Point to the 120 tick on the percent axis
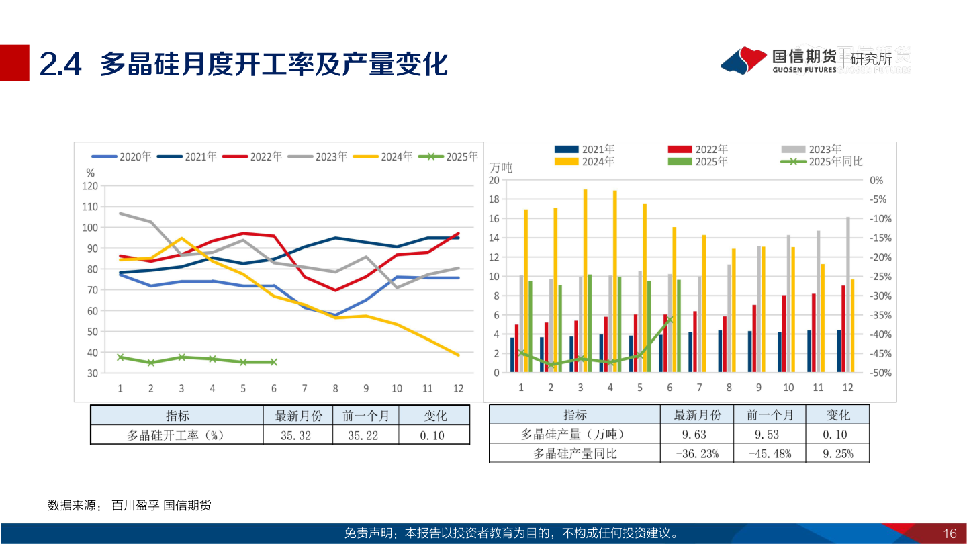tap(90, 186)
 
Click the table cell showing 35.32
tap(296, 435)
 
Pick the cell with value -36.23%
tap(698, 453)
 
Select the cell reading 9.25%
tap(837, 453)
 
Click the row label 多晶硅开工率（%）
tap(175, 435)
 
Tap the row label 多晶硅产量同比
tap(575, 453)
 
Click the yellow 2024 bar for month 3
tap(585, 281)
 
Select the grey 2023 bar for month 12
tap(848, 294)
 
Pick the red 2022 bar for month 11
tap(814, 332)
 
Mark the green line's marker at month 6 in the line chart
tap(273, 362)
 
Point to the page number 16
tap(950, 533)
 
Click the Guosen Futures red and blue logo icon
tap(743, 60)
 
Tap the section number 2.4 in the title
tap(60, 64)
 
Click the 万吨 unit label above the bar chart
tap(501, 167)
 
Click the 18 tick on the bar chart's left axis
tap(494, 199)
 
